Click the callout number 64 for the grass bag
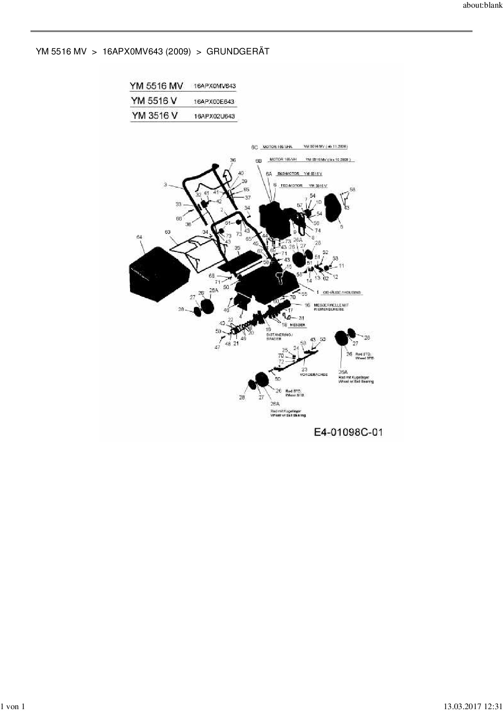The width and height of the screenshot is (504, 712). tap(139, 237)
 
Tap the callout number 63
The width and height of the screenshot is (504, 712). tap(167, 232)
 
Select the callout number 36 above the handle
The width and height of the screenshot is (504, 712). tap(233, 160)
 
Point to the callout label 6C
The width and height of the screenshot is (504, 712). tap(254, 147)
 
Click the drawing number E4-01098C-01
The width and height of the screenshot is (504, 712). tap(348, 432)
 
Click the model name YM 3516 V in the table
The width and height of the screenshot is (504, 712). tap(154, 116)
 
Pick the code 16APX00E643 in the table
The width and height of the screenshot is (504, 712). tap(214, 101)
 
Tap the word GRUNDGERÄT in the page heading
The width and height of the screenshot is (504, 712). tap(238, 52)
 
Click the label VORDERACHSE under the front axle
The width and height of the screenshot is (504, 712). tap(314, 375)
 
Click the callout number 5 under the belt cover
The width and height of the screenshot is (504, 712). tap(341, 227)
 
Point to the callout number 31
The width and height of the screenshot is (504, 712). tap(301, 318)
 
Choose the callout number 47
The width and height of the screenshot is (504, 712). tap(217, 347)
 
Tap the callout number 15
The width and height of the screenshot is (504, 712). tap(289, 267)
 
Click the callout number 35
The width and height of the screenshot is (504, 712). tap(237, 248)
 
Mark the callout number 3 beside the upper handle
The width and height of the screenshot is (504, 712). tap(165, 185)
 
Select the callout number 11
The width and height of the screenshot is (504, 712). tap(341, 266)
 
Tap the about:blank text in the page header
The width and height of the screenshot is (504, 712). tap(482, 6)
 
